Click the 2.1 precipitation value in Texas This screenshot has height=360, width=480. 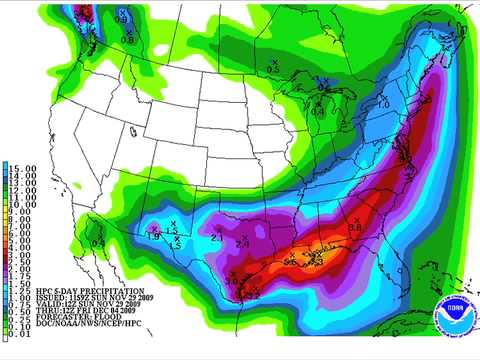tap(217, 237)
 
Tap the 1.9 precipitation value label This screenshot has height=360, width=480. tap(154, 235)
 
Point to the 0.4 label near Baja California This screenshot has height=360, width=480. tap(98, 243)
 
